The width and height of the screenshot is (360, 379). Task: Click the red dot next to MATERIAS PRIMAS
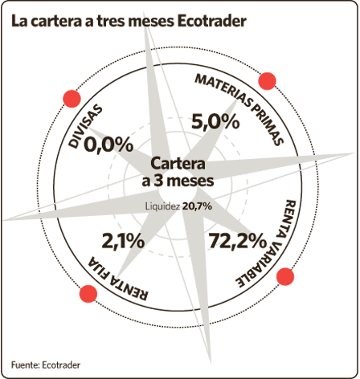point(267,81)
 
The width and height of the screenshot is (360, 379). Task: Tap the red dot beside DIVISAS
point(72,99)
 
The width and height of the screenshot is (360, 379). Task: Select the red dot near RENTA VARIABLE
point(285,276)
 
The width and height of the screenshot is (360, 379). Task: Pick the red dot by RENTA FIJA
point(88,294)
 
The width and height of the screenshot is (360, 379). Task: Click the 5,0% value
point(215,122)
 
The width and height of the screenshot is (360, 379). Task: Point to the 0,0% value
point(108,145)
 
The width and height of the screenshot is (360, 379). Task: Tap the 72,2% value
point(238,241)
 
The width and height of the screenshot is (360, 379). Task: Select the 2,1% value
point(123,241)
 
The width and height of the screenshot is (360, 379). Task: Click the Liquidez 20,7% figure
point(178,206)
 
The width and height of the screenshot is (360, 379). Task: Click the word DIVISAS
point(85,126)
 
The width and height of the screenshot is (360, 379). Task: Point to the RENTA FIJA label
point(118,279)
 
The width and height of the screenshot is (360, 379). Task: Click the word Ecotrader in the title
point(212,21)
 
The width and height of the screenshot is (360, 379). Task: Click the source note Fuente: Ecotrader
point(46,365)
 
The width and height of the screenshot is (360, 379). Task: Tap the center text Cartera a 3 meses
point(178,172)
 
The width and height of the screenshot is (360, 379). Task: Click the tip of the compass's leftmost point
point(3,220)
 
